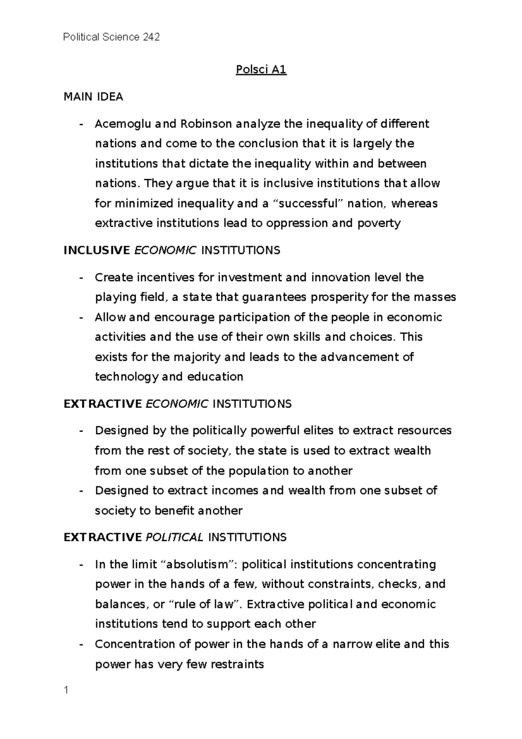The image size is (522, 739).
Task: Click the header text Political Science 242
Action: click(111, 37)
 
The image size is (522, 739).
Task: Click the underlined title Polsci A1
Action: click(261, 70)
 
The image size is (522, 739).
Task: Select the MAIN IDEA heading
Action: click(93, 97)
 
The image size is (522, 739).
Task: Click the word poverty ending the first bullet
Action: click(378, 224)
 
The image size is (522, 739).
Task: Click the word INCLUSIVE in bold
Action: click(97, 251)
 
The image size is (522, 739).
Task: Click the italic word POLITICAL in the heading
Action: click(174, 537)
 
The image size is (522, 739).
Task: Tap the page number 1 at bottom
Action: click(66, 690)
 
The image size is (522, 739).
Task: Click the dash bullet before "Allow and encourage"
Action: click(80, 318)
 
